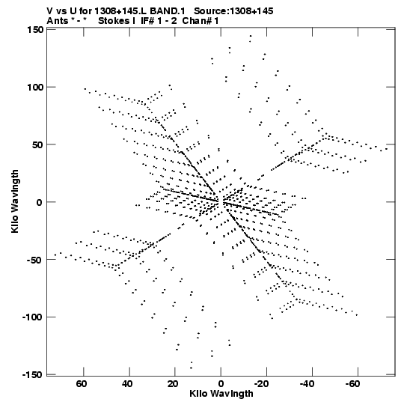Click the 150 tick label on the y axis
click(35, 30)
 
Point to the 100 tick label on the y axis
click(35, 88)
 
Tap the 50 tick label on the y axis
click(37, 145)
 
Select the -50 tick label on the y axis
click(35, 260)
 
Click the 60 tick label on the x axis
click(82, 384)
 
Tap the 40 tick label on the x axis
click(127, 384)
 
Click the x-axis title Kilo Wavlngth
click(221, 394)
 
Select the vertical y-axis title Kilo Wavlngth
click(15, 201)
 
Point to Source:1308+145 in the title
click(233, 11)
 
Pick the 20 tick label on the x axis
click(173, 384)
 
